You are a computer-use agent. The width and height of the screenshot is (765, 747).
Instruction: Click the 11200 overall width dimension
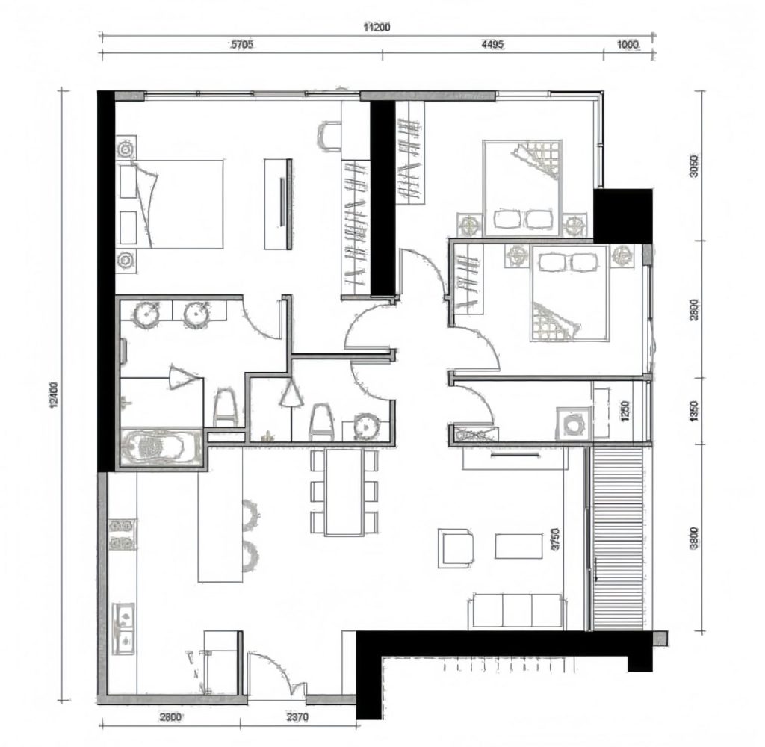(x=377, y=28)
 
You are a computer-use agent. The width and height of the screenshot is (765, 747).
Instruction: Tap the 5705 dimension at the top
(x=241, y=45)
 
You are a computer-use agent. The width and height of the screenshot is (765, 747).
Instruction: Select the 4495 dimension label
(x=492, y=45)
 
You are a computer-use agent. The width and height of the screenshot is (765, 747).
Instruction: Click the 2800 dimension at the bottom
(x=171, y=717)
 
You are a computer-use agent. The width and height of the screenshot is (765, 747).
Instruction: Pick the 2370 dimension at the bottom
(x=297, y=717)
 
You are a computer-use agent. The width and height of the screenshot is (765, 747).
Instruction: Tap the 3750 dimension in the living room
(x=555, y=539)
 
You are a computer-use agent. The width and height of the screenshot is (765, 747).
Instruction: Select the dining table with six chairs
(x=344, y=492)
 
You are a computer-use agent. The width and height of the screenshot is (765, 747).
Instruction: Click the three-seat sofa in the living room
(x=517, y=611)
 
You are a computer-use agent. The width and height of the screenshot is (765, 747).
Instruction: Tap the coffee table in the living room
(x=518, y=546)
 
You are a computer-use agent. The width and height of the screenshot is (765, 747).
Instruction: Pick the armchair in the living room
(x=456, y=548)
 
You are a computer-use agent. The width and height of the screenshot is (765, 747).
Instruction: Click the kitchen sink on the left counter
(x=123, y=628)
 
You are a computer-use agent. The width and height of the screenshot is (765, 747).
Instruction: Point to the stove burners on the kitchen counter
(x=122, y=535)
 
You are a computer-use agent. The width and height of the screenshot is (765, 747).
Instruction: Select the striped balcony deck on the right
(x=618, y=539)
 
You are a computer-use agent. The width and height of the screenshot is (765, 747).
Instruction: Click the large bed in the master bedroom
(x=171, y=204)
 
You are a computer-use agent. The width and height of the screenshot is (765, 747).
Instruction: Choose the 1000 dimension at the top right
(x=628, y=45)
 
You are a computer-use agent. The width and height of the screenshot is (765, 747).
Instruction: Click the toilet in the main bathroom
(x=224, y=407)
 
